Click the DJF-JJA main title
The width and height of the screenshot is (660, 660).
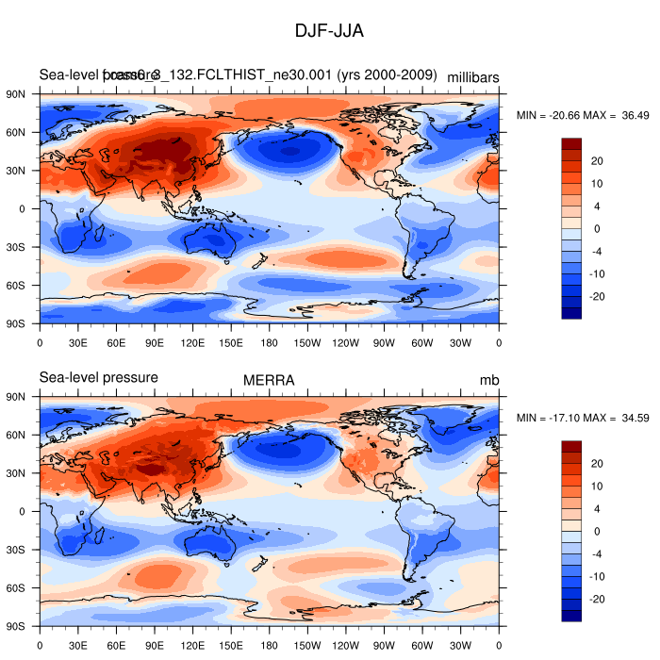point(329,31)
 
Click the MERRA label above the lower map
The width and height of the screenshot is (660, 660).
point(269,380)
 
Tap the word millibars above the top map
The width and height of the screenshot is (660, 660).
point(472,76)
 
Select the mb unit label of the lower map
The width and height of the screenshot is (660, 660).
point(488,380)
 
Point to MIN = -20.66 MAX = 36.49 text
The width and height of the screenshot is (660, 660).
point(583,115)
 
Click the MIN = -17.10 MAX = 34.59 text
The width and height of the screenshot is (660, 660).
point(583,418)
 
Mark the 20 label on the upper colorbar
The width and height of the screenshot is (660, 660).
point(597,161)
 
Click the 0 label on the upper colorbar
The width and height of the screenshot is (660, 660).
point(596,229)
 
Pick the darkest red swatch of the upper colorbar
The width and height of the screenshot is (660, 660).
point(571,143)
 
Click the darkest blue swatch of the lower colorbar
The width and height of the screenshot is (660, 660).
point(571,616)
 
